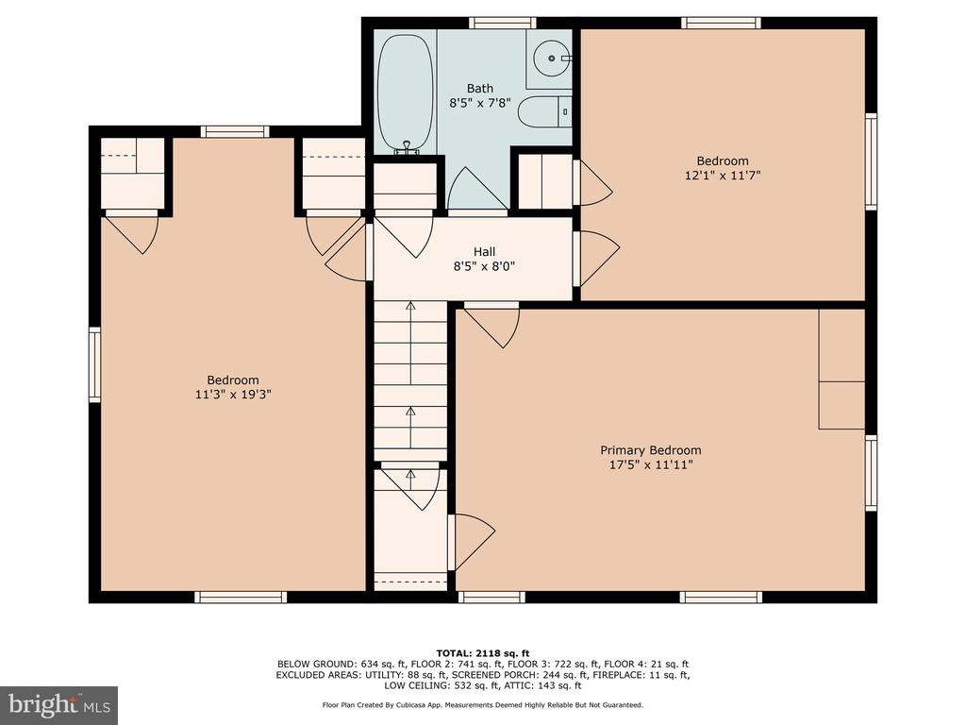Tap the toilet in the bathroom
click(x=544, y=111)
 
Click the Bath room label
click(x=480, y=88)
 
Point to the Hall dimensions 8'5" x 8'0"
click(x=484, y=266)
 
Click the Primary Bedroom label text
click(x=651, y=450)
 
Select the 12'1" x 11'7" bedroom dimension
click(x=723, y=175)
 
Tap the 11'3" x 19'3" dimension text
click(x=233, y=394)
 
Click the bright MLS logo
click(x=59, y=705)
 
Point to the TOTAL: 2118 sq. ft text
click(x=483, y=653)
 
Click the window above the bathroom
click(x=502, y=24)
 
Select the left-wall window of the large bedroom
click(x=94, y=365)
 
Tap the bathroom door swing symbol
click(x=478, y=188)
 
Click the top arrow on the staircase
click(x=410, y=305)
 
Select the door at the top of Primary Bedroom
click(x=491, y=325)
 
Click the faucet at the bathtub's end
click(x=406, y=146)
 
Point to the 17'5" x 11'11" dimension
click(x=651, y=464)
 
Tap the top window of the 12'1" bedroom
click(x=721, y=24)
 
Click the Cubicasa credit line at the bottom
click(x=483, y=704)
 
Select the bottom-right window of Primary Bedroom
click(x=721, y=597)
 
